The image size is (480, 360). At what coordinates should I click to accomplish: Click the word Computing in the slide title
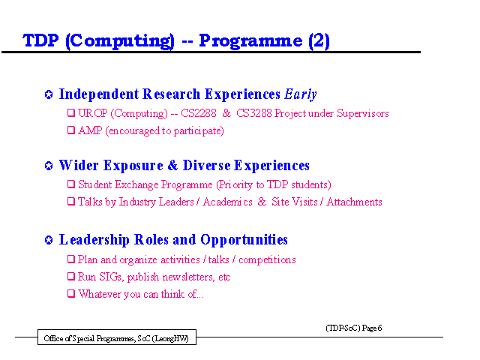[120, 41]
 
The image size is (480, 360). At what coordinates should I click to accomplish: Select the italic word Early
[300, 94]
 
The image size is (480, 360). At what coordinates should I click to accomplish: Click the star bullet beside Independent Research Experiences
[49, 94]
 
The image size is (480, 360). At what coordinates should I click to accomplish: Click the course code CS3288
[254, 113]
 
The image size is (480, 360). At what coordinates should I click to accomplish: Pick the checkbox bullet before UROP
[71, 113]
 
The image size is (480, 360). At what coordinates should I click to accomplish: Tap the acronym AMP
[90, 130]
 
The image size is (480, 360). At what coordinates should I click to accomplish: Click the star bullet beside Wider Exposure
[49, 166]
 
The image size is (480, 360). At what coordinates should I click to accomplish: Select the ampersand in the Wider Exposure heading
[172, 165]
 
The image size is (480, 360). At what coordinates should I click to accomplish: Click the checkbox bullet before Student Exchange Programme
[71, 184]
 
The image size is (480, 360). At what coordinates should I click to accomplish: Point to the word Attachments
[354, 202]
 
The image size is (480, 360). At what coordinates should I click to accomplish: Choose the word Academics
[227, 202]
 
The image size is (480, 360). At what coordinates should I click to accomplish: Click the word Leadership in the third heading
[94, 240]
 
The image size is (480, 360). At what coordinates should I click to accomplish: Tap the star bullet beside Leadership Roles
[49, 240]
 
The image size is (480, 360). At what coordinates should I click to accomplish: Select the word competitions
[267, 260]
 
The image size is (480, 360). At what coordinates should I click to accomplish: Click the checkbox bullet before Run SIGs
[71, 277]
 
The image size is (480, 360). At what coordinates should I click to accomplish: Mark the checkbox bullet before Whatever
[71, 293]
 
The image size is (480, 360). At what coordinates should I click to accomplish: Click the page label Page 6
[372, 328]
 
